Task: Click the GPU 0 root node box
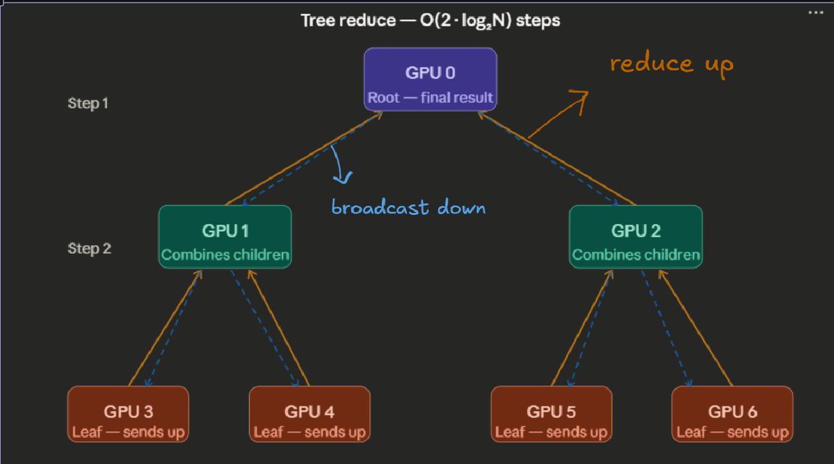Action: tap(431, 79)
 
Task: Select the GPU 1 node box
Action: tap(225, 237)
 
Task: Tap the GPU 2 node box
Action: tap(636, 237)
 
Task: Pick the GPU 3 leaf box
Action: tap(128, 414)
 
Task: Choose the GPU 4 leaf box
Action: tap(310, 414)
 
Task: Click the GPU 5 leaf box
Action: tap(552, 414)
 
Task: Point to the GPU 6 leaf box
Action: tap(732, 414)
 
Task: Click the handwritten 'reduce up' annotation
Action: tap(672, 65)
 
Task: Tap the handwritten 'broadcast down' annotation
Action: tap(408, 207)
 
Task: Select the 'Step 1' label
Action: tap(88, 103)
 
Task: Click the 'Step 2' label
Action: tap(89, 248)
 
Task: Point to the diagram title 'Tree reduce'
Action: tap(348, 21)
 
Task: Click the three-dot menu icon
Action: tap(815, 13)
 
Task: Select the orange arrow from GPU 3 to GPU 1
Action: tap(166, 328)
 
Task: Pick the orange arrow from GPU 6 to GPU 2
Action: tap(696, 328)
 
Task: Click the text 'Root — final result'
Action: tap(431, 98)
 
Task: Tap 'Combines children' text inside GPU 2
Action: tap(636, 255)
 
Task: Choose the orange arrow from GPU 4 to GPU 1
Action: tap(279, 328)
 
